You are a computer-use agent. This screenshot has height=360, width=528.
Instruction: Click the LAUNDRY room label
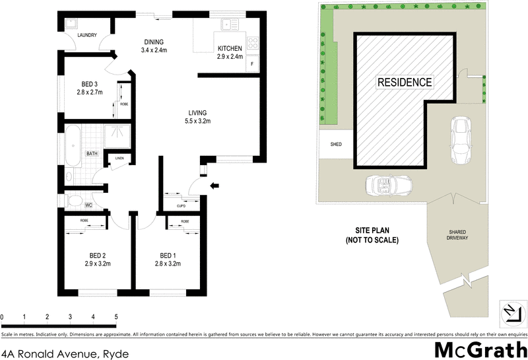87,36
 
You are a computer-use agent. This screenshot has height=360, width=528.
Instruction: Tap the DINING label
154,41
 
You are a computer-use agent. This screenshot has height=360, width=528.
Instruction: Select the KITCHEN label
230,48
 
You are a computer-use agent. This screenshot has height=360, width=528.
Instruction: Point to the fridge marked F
253,65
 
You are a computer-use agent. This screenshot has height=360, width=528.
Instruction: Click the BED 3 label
90,84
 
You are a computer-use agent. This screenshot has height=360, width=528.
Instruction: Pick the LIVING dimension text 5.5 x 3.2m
202,122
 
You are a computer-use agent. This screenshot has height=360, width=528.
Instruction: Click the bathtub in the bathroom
72,145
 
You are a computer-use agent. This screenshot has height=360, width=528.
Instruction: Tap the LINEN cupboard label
119,158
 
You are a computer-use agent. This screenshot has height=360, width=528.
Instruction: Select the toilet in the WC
74,200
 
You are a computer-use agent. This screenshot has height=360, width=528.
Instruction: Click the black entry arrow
214,187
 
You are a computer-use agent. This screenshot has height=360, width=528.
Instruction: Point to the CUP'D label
181,205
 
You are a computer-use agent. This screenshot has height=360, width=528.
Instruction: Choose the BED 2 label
98,255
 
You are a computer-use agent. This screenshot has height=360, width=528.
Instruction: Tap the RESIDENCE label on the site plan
405,83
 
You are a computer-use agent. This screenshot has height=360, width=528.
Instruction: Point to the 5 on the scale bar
116,317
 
